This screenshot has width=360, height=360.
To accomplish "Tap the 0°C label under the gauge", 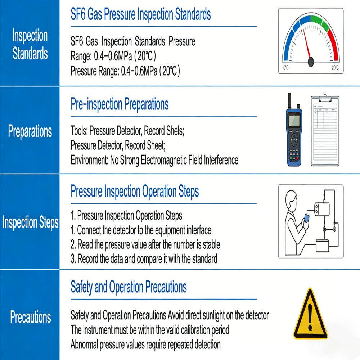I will click(x=286, y=68).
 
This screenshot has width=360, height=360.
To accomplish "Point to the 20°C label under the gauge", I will click(x=335, y=68).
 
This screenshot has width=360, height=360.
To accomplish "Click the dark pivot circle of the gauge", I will click(x=311, y=62).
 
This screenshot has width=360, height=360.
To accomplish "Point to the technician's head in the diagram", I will click(x=291, y=199).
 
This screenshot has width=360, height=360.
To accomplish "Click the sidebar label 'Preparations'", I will click(x=30, y=131).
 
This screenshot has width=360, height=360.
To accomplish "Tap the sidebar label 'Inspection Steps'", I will click(x=30, y=222).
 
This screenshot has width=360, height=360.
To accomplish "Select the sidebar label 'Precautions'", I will click(x=30, y=318).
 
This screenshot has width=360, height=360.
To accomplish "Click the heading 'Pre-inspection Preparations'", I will click(x=120, y=104).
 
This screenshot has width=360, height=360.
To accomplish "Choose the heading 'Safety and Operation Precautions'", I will click(x=129, y=287).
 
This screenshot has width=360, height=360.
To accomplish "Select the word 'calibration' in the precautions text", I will click(x=189, y=330).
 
